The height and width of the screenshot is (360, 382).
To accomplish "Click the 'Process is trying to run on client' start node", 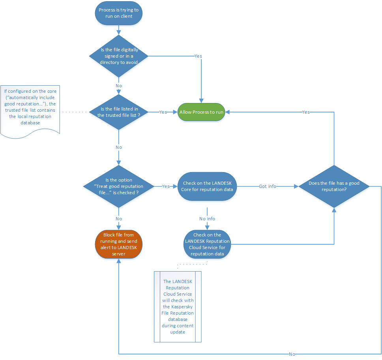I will point(118,13).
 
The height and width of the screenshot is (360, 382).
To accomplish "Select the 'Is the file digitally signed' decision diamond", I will point(118,56).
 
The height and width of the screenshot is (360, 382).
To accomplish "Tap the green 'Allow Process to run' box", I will point(201,112).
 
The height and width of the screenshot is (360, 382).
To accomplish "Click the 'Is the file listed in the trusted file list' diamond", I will point(118,112).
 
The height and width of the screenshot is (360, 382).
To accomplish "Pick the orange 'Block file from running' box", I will point(118,244).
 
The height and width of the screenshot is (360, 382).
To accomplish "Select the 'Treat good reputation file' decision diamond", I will point(118,186).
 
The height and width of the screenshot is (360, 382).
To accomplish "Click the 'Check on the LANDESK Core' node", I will point(207,186).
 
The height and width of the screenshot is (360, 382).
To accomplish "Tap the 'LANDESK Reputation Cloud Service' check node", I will point(207,245).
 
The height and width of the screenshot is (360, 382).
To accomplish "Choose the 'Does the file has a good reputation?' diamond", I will point(334,186).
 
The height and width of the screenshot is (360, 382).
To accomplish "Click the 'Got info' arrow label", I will point(268,186).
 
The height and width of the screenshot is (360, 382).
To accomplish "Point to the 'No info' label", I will point(207,218).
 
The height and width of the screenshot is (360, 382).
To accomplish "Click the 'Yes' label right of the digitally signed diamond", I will point(198,56).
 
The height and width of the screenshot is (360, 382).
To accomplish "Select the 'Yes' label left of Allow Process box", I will point(163,112).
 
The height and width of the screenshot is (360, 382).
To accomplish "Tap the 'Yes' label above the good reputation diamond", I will point(305,112).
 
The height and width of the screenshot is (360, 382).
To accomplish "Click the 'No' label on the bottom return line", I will point(292,354).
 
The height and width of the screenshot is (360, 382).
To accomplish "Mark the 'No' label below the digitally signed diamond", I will point(118,86).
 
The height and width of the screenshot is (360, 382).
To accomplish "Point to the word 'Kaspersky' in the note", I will point(178,307).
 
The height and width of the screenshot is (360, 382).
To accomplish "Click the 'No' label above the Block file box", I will point(118,218).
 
